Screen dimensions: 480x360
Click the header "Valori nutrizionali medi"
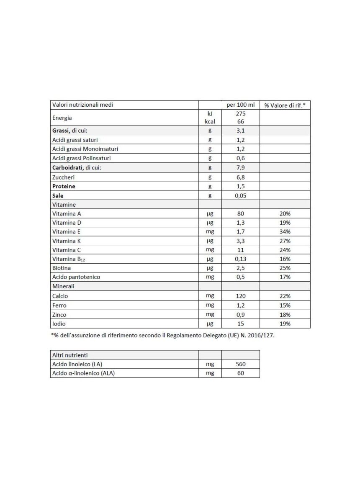click(82, 105)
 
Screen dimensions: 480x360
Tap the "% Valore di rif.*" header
click(285, 105)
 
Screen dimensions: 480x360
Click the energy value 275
click(240, 114)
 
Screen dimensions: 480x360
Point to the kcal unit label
click(210, 122)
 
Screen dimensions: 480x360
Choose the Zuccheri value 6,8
click(240, 177)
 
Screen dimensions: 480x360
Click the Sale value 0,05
click(240, 195)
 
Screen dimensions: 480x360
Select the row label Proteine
click(64, 186)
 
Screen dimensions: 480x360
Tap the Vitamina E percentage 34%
click(285, 231)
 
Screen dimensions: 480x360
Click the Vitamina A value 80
click(240, 213)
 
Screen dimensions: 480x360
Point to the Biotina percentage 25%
click(285, 268)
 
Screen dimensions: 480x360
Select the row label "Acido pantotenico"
click(76, 277)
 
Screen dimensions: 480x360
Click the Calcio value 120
click(240, 295)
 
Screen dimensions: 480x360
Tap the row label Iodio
click(59, 323)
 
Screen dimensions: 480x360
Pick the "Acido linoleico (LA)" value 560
click(240, 364)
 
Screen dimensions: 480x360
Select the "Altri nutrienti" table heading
click(69, 354)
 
